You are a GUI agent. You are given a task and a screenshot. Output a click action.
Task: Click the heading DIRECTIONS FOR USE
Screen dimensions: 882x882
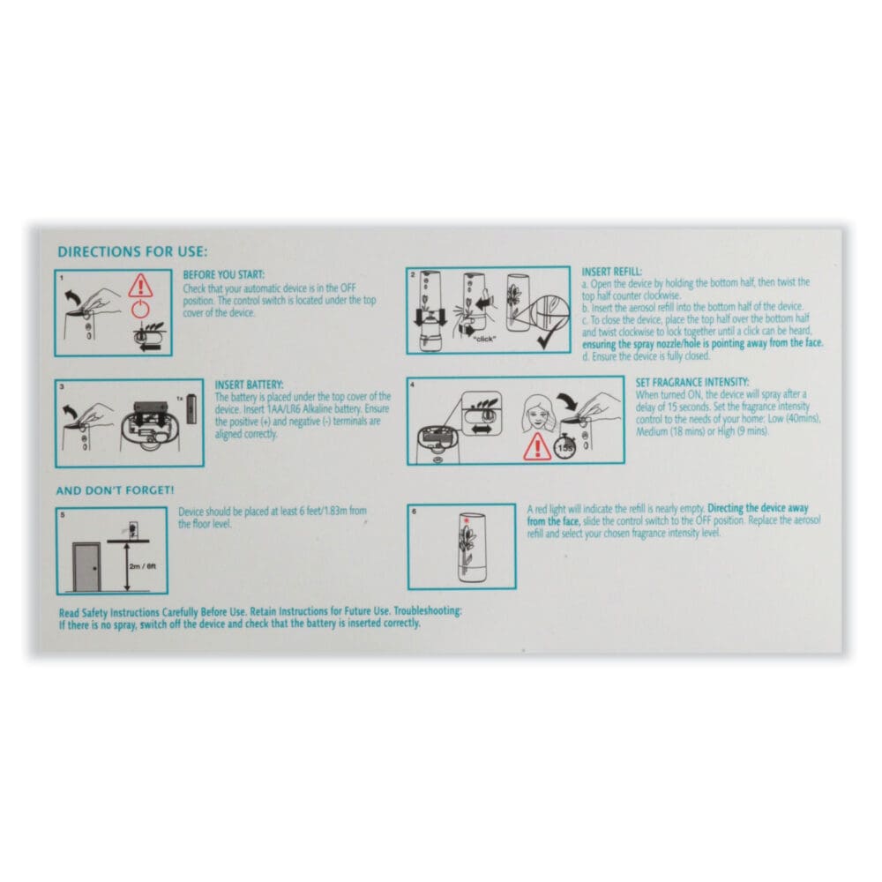click(132, 252)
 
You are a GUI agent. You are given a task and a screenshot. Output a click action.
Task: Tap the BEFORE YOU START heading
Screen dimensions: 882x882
click(223, 275)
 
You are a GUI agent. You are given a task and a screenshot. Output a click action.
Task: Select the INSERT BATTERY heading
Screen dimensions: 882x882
click(249, 385)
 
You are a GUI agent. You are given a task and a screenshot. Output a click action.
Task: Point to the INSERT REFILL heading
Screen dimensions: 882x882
click(611, 271)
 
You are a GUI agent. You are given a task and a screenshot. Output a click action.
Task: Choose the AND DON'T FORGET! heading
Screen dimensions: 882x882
click(115, 490)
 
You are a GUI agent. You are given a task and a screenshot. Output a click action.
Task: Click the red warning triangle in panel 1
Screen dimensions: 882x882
click(139, 286)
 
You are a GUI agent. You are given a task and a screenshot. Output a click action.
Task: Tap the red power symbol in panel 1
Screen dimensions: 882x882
click(139, 310)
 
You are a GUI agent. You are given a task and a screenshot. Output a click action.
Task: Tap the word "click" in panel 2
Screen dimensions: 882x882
click(484, 340)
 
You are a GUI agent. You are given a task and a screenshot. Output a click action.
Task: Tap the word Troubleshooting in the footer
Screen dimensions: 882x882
click(427, 611)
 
